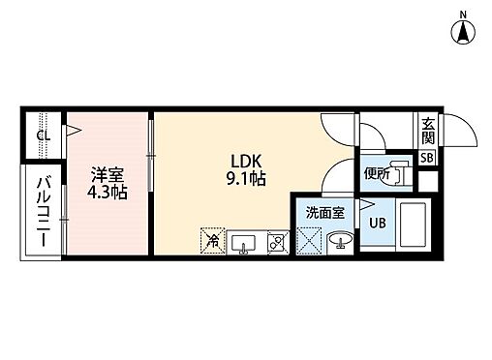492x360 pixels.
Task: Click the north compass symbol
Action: pyautogui.click(x=464, y=31)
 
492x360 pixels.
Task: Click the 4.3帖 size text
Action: pyautogui.click(x=108, y=192)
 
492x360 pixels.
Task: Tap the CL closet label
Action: pyautogui.click(x=43, y=135)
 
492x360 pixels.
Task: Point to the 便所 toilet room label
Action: pyautogui.click(x=378, y=175)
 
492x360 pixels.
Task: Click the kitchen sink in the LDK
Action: pyautogui.click(x=243, y=241)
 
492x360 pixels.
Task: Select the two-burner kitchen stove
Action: pyautogui.click(x=275, y=241)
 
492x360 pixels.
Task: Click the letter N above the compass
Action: pyautogui.click(x=464, y=12)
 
